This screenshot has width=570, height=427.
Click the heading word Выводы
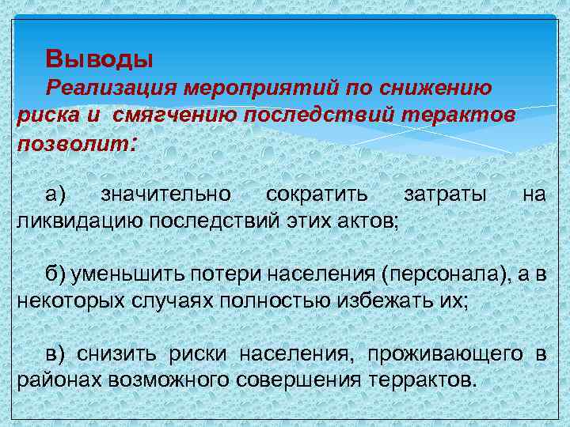pos(99,59)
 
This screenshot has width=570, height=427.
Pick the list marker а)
pos(56,194)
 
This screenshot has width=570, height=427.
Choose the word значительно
pos(166,194)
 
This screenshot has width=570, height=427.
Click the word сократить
pos(317,194)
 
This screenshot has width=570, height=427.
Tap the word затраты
pos(445,194)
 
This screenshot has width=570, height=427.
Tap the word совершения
pos(300,378)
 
